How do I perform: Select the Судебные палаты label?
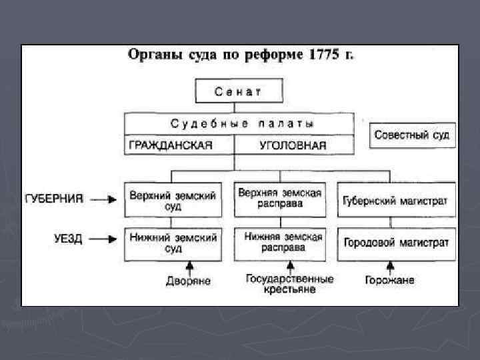click(242, 124)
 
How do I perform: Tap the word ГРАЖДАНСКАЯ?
click(170, 146)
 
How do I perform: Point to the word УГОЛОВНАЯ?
click(293, 146)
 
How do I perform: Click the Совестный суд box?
click(412, 135)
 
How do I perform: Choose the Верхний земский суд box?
click(173, 200)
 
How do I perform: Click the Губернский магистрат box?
click(396, 200)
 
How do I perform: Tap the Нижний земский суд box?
click(173, 243)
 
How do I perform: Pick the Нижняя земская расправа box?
click(283, 243)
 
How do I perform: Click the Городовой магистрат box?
click(396, 243)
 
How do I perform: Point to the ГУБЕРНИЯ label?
click(55, 198)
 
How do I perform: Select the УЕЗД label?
click(69, 238)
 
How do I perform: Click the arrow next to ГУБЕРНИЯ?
click(103, 198)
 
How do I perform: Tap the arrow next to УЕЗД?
click(103, 238)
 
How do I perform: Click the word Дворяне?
click(189, 281)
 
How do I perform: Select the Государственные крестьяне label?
click(289, 284)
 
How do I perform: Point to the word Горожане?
click(389, 280)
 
